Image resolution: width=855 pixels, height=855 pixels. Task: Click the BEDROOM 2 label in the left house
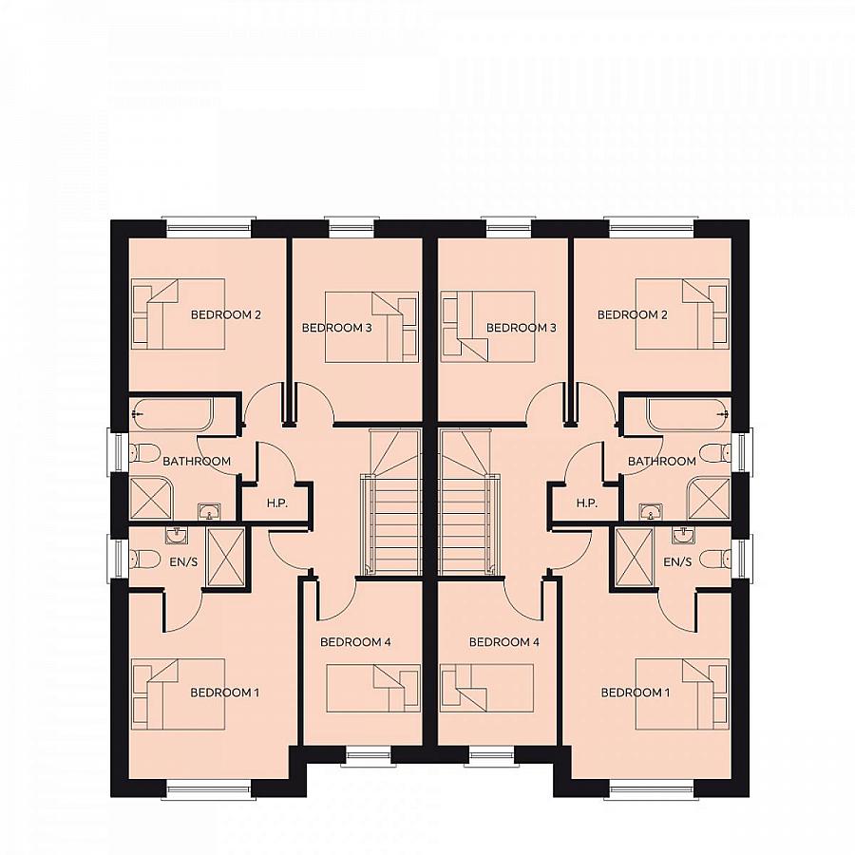coord(226,314)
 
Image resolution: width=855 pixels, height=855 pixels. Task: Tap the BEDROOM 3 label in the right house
coord(521,328)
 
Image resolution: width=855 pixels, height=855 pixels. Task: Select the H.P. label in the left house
coord(276,503)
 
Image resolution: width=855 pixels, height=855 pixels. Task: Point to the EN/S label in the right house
coord(677,562)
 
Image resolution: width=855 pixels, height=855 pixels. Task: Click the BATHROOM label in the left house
coord(197,461)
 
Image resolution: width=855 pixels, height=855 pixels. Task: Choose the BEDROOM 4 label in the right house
coord(504,642)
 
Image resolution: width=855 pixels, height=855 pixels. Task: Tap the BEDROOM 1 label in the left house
coord(224,693)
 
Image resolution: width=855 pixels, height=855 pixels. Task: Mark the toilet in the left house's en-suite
coord(144,559)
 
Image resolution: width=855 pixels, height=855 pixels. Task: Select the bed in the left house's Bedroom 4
coord(372,688)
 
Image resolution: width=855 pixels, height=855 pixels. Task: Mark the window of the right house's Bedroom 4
coord(492,757)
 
